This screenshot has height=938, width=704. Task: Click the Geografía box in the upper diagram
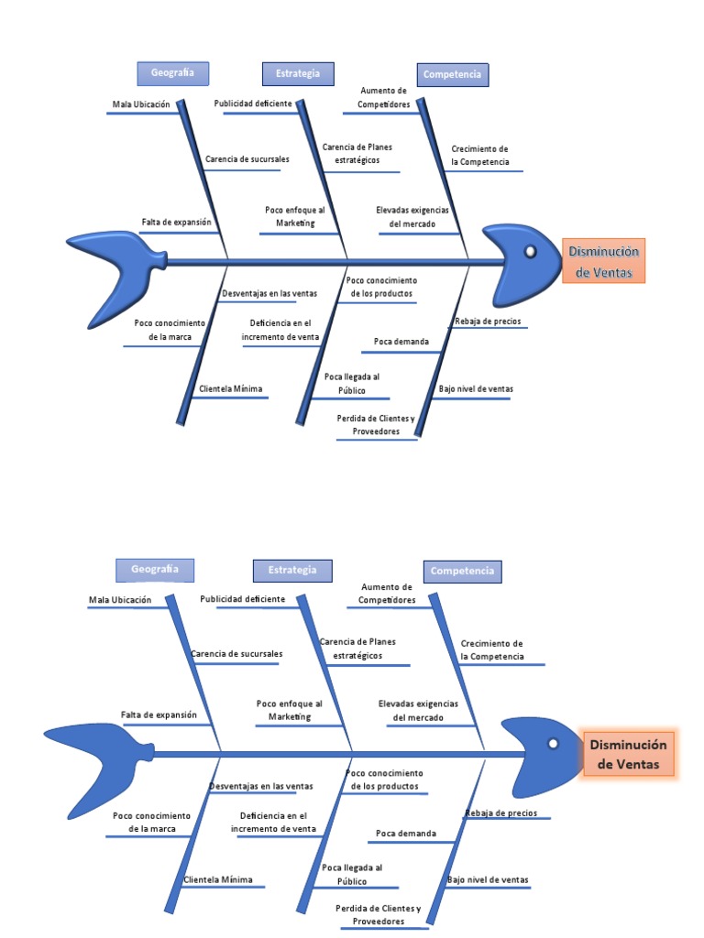tap(172, 73)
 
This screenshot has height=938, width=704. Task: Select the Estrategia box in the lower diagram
tap(292, 570)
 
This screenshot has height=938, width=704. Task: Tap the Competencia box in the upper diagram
tap(451, 75)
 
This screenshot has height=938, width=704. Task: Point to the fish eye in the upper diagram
tap(530, 251)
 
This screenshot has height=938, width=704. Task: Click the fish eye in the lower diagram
tap(553, 744)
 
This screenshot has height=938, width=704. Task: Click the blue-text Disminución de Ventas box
tap(603, 261)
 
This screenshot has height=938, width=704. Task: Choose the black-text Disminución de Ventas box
tap(628, 756)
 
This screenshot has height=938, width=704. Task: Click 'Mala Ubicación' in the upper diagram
tap(141, 104)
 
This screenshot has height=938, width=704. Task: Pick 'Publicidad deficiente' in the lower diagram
tap(242, 599)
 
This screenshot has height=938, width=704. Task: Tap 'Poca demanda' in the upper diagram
tap(401, 342)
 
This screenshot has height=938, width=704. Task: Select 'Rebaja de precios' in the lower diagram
tap(500, 813)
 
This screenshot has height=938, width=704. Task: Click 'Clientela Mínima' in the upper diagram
tap(231, 388)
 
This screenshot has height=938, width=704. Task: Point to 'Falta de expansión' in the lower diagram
tap(159, 714)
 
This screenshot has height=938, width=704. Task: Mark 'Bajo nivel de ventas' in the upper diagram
tap(476, 388)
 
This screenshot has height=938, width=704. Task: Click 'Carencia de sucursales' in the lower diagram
tap(236, 654)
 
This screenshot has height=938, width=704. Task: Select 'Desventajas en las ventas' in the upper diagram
tap(269, 293)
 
